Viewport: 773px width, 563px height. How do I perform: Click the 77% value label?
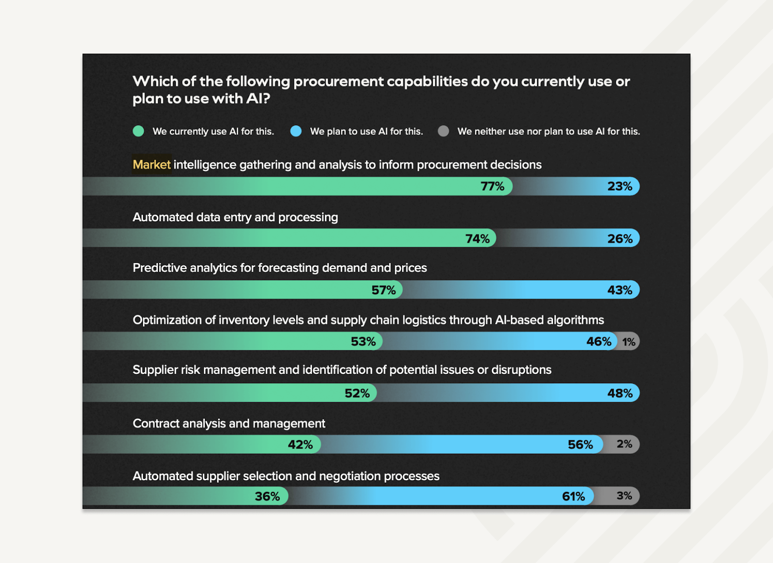492,187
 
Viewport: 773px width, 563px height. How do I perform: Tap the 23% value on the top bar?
619,187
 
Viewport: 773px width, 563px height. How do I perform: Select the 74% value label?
477,239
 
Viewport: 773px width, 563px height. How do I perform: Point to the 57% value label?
383,290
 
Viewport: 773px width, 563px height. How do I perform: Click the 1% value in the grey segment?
629,342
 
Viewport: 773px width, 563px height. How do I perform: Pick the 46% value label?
599,342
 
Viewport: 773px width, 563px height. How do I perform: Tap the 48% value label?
619,393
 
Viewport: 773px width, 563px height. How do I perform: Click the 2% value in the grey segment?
624,444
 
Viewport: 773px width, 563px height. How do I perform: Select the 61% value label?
573,497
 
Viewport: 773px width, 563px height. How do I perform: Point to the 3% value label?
624,496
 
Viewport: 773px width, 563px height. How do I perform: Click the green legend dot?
139,131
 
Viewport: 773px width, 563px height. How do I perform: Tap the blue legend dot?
296,131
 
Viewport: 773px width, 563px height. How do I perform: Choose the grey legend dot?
444,131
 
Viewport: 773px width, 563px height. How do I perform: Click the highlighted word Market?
152,165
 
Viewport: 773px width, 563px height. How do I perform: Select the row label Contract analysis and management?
229,424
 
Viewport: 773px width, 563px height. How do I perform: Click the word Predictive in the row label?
159,268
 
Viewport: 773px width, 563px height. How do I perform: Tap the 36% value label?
267,497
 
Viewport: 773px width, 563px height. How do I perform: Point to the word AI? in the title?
258,99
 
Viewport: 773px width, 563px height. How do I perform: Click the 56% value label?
580,445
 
